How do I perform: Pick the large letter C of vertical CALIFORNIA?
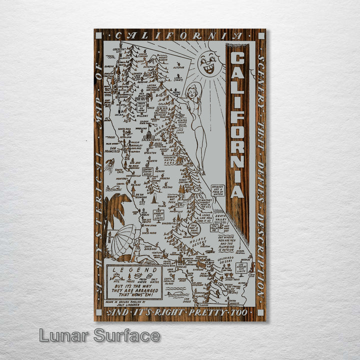237,59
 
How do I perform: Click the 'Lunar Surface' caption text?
99,335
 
